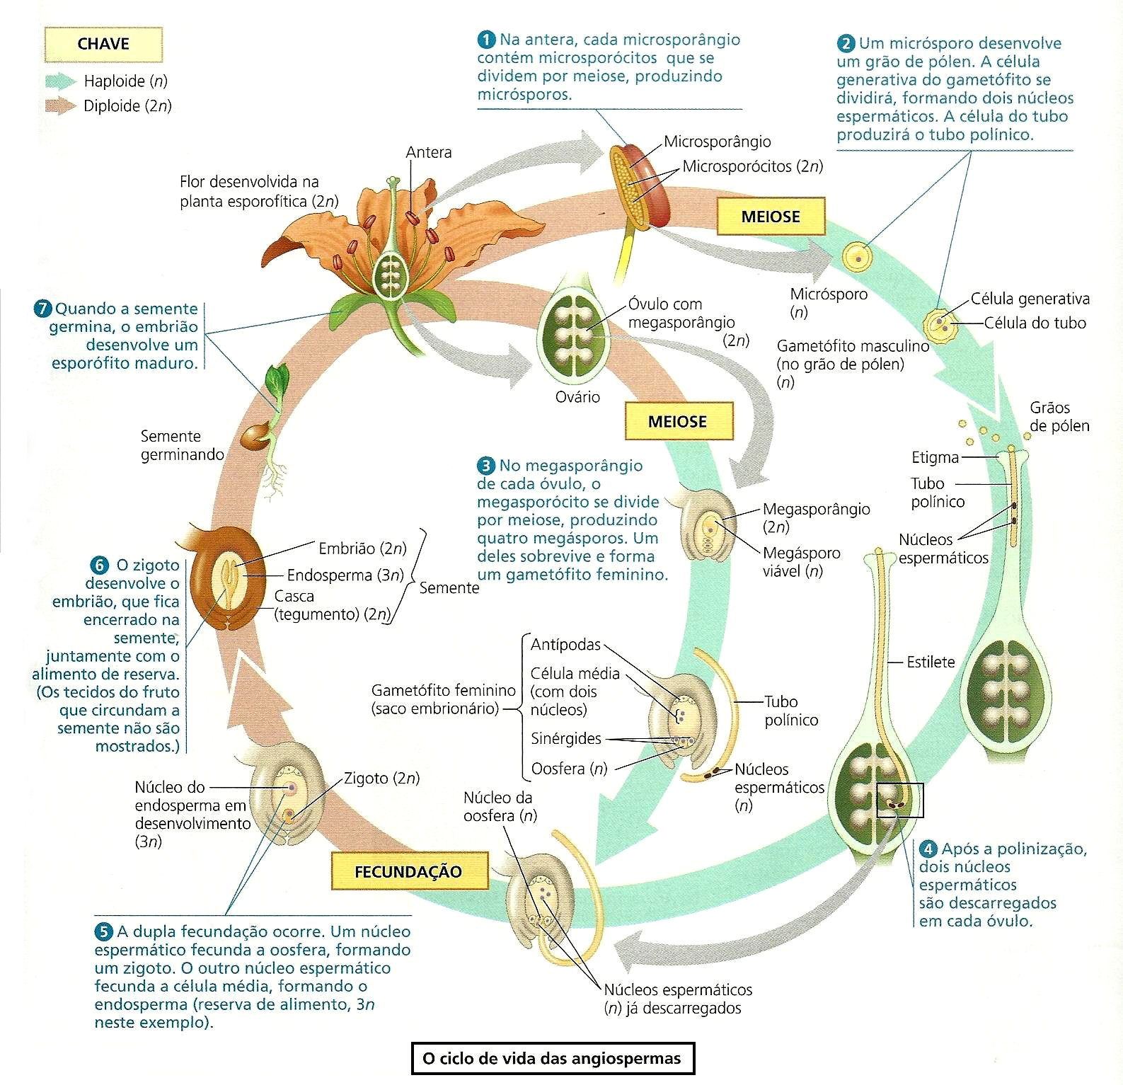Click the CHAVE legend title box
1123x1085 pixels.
pyautogui.click(x=103, y=44)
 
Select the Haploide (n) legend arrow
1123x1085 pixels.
pyautogui.click(x=60, y=81)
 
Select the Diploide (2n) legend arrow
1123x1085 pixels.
pyautogui.click(x=60, y=106)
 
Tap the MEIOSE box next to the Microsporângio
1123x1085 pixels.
pyautogui.click(x=771, y=217)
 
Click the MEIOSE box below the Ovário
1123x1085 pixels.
pyautogui.click(x=678, y=422)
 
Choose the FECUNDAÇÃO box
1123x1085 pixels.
pyautogui.click(x=409, y=871)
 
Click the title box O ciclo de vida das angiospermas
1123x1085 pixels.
pyautogui.click(x=552, y=1058)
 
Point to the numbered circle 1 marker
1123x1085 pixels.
pyautogui.click(x=486, y=39)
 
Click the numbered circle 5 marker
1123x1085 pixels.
pyautogui.click(x=103, y=931)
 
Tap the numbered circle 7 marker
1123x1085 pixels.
pyautogui.click(x=42, y=309)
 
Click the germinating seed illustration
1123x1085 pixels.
pyautogui.click(x=265, y=425)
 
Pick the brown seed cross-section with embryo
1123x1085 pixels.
pyautogui.click(x=223, y=577)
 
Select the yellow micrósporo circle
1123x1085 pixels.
pyautogui.click(x=858, y=258)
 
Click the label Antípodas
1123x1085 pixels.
pyautogui.click(x=565, y=645)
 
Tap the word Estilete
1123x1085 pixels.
pyautogui.click(x=931, y=662)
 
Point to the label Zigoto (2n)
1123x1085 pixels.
pyautogui.click(x=381, y=779)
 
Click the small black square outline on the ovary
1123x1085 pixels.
pyautogui.click(x=899, y=800)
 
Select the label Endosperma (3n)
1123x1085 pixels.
pyautogui.click(x=345, y=575)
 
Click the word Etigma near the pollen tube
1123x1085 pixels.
pyautogui.click(x=935, y=457)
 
